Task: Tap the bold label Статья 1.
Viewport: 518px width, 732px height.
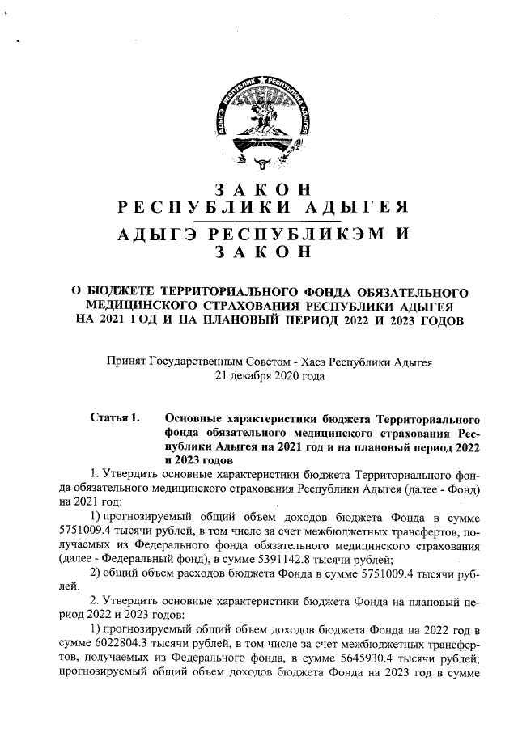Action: pos(117,418)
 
